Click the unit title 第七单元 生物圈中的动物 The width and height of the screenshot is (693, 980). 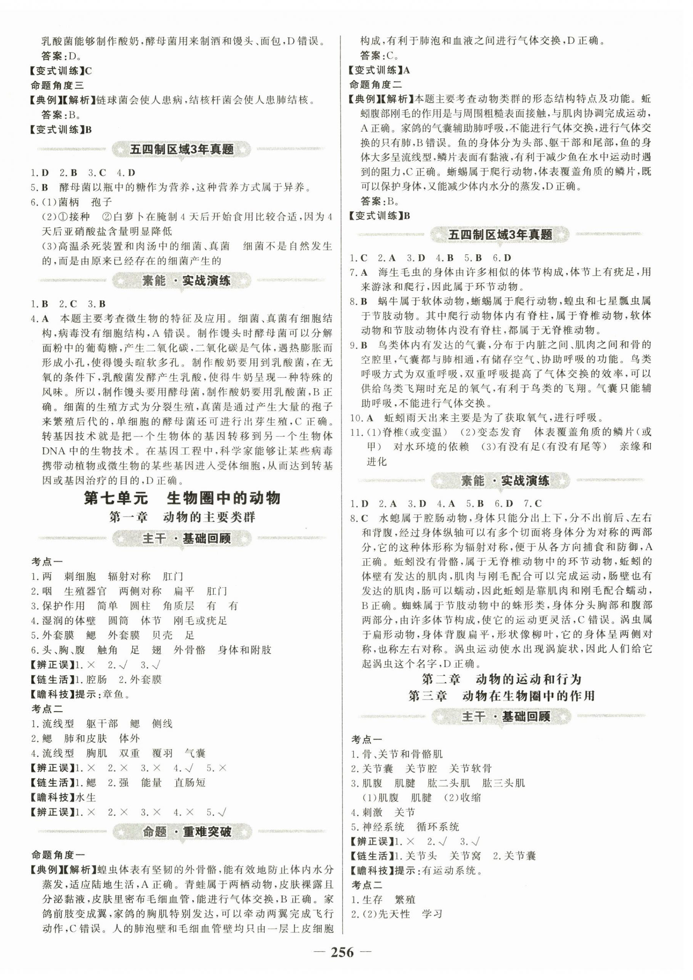pyautogui.click(x=182, y=498)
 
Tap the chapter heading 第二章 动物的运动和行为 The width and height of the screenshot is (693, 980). pyautogui.click(x=501, y=679)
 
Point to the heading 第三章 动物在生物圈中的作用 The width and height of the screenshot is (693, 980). pyautogui.click(x=501, y=696)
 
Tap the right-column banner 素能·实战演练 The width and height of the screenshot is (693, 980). pyautogui.click(x=501, y=481)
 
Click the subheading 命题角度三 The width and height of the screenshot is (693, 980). pyautogui.click(x=57, y=85)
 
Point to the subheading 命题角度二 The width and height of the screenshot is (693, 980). pyautogui.click(x=376, y=85)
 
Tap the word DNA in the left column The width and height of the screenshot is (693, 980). pyautogui.click(x=53, y=452)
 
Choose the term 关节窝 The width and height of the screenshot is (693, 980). pyautogui.click(x=465, y=856)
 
